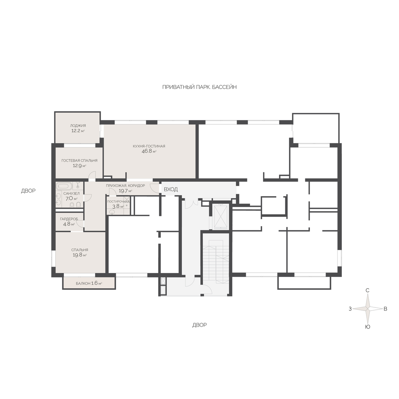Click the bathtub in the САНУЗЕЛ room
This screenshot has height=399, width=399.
[x=64, y=186]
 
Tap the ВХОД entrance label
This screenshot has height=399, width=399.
[x=171, y=189]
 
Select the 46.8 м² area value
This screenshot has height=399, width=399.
[x=149, y=151]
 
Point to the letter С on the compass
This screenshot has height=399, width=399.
[x=367, y=291]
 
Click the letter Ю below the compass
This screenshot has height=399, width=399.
[x=367, y=327]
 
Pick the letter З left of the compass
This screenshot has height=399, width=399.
[x=350, y=309]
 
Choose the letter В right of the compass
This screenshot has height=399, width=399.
[x=385, y=309]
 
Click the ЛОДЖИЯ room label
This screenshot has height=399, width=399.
[x=78, y=125]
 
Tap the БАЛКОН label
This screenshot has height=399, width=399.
[x=83, y=284]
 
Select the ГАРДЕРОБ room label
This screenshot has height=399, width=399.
[x=69, y=219]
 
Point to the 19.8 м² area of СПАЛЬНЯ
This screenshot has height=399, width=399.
[x=79, y=255]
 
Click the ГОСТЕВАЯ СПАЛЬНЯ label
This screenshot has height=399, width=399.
[x=79, y=161]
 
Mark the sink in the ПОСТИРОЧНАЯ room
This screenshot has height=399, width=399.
[x=112, y=211]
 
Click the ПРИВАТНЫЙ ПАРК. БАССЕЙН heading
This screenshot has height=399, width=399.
[x=199, y=87]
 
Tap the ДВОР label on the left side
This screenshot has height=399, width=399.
[x=28, y=191]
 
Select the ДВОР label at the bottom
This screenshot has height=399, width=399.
[x=199, y=325]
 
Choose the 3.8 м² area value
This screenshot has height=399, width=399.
[x=118, y=206]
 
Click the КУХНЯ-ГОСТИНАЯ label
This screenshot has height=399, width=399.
[x=149, y=146]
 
